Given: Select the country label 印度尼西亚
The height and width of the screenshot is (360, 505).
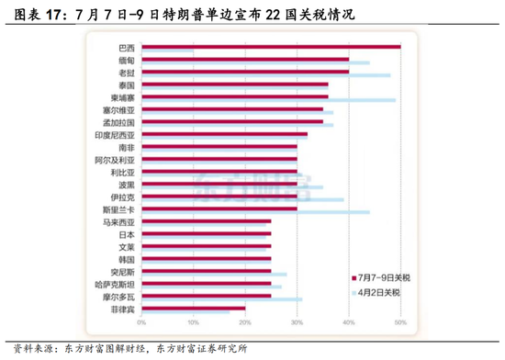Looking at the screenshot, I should click(x=115, y=134).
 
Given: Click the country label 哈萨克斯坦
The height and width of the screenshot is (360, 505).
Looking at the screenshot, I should click(x=116, y=284).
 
